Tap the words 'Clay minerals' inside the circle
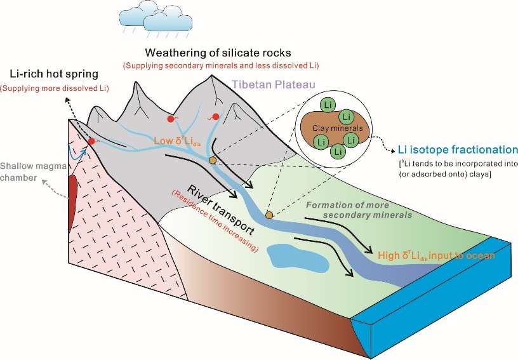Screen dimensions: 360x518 pos(335,128)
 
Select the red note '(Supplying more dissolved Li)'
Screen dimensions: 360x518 pos(55,87)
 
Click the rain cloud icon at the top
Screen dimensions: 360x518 pos(148,18)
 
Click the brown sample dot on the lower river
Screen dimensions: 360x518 pos(269,216)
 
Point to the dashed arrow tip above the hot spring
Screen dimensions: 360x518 pos(65,100)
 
